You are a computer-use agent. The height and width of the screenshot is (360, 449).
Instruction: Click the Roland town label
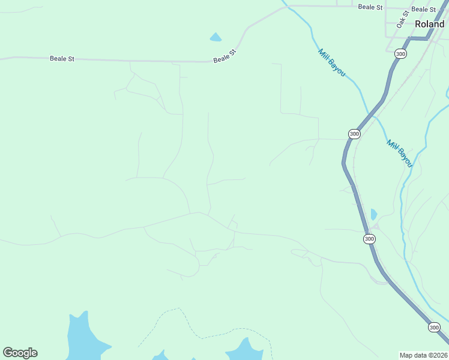429,25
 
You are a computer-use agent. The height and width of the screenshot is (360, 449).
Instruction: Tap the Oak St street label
402,19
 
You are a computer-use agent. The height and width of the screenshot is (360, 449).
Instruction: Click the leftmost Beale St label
62,59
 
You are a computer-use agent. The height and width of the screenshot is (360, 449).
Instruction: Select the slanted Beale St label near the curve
226,56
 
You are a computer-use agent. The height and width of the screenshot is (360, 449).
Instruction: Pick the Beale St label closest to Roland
424,10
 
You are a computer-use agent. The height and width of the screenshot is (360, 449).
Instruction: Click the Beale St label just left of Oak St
370,7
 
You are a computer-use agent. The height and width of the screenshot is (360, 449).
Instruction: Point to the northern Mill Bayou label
332,62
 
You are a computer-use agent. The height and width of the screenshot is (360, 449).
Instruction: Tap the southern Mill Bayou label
400,154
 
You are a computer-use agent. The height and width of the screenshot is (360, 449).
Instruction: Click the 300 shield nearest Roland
400,54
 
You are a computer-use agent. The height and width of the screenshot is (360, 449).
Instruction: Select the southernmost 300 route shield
435,328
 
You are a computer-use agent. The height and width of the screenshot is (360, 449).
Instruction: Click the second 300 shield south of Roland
354,134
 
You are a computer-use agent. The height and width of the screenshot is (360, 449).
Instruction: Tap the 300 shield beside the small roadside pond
369,239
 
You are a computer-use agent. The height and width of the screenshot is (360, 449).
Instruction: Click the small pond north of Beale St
215,37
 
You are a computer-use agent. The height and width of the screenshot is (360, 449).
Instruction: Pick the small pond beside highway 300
374,214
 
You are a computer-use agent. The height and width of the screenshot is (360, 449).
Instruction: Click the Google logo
20,353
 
